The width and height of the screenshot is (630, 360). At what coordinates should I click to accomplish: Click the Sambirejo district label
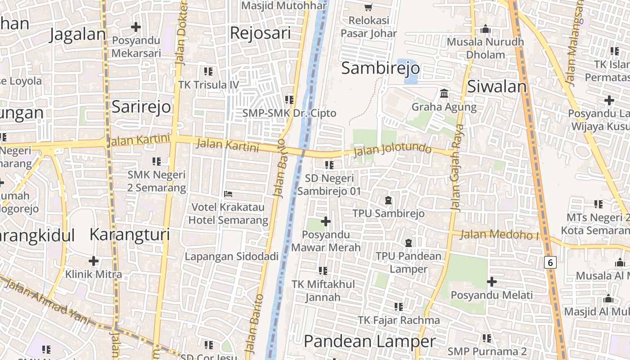(x=380, y=68)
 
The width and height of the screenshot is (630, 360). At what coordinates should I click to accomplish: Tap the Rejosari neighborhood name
(x=260, y=33)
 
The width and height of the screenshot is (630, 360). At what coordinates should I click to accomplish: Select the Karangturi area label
(x=130, y=234)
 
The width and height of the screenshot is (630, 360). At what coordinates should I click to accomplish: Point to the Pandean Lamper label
(x=370, y=342)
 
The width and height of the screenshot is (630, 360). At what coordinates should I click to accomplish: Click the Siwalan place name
(x=497, y=86)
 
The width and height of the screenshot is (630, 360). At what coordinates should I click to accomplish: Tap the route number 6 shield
(x=550, y=262)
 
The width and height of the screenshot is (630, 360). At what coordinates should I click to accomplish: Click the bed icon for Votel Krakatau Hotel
(x=228, y=194)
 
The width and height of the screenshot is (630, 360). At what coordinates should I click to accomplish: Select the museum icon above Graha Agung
(x=444, y=94)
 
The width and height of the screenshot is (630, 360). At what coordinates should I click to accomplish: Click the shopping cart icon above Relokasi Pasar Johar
(x=369, y=7)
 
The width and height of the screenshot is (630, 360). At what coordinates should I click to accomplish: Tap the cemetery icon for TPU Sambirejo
(x=388, y=200)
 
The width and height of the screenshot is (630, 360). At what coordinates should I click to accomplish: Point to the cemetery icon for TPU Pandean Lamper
(x=409, y=243)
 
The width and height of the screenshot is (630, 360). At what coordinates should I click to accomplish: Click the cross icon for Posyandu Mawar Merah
(x=325, y=221)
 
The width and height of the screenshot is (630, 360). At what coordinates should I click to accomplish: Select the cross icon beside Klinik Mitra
(x=94, y=261)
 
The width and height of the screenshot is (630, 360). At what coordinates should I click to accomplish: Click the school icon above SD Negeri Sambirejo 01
(x=329, y=165)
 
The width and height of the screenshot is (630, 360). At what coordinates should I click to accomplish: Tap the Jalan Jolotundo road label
(x=392, y=150)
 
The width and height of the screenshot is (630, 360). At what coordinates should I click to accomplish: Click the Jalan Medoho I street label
(x=499, y=234)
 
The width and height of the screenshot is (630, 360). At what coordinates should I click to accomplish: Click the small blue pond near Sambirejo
(x=408, y=72)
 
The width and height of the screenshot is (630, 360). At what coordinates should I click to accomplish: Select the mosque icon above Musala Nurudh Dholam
(x=485, y=29)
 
